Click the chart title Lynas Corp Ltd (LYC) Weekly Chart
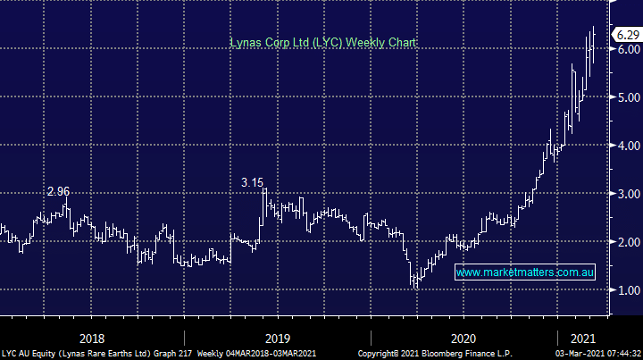point(323,42)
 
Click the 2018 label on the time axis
point(92,338)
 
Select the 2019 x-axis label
point(278,338)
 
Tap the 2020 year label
point(463,338)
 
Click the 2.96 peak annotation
point(59,191)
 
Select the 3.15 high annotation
point(254,182)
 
